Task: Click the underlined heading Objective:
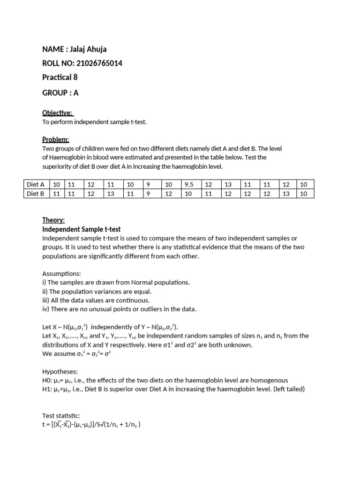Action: [x=57, y=113]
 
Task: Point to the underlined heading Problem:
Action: [x=56, y=139]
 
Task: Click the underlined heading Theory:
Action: [x=53, y=220]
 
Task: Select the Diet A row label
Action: [x=36, y=185]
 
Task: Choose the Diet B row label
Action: [x=36, y=194]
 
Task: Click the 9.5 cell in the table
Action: [x=189, y=185]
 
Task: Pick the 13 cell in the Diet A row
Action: [x=228, y=185]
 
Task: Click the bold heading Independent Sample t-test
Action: [x=81, y=229]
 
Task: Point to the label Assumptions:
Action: [x=61, y=273]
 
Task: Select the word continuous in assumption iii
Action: [x=131, y=300]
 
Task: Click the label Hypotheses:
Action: [x=60, y=371]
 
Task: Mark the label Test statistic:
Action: [x=61, y=416]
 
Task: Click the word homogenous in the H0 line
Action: [x=267, y=380]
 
